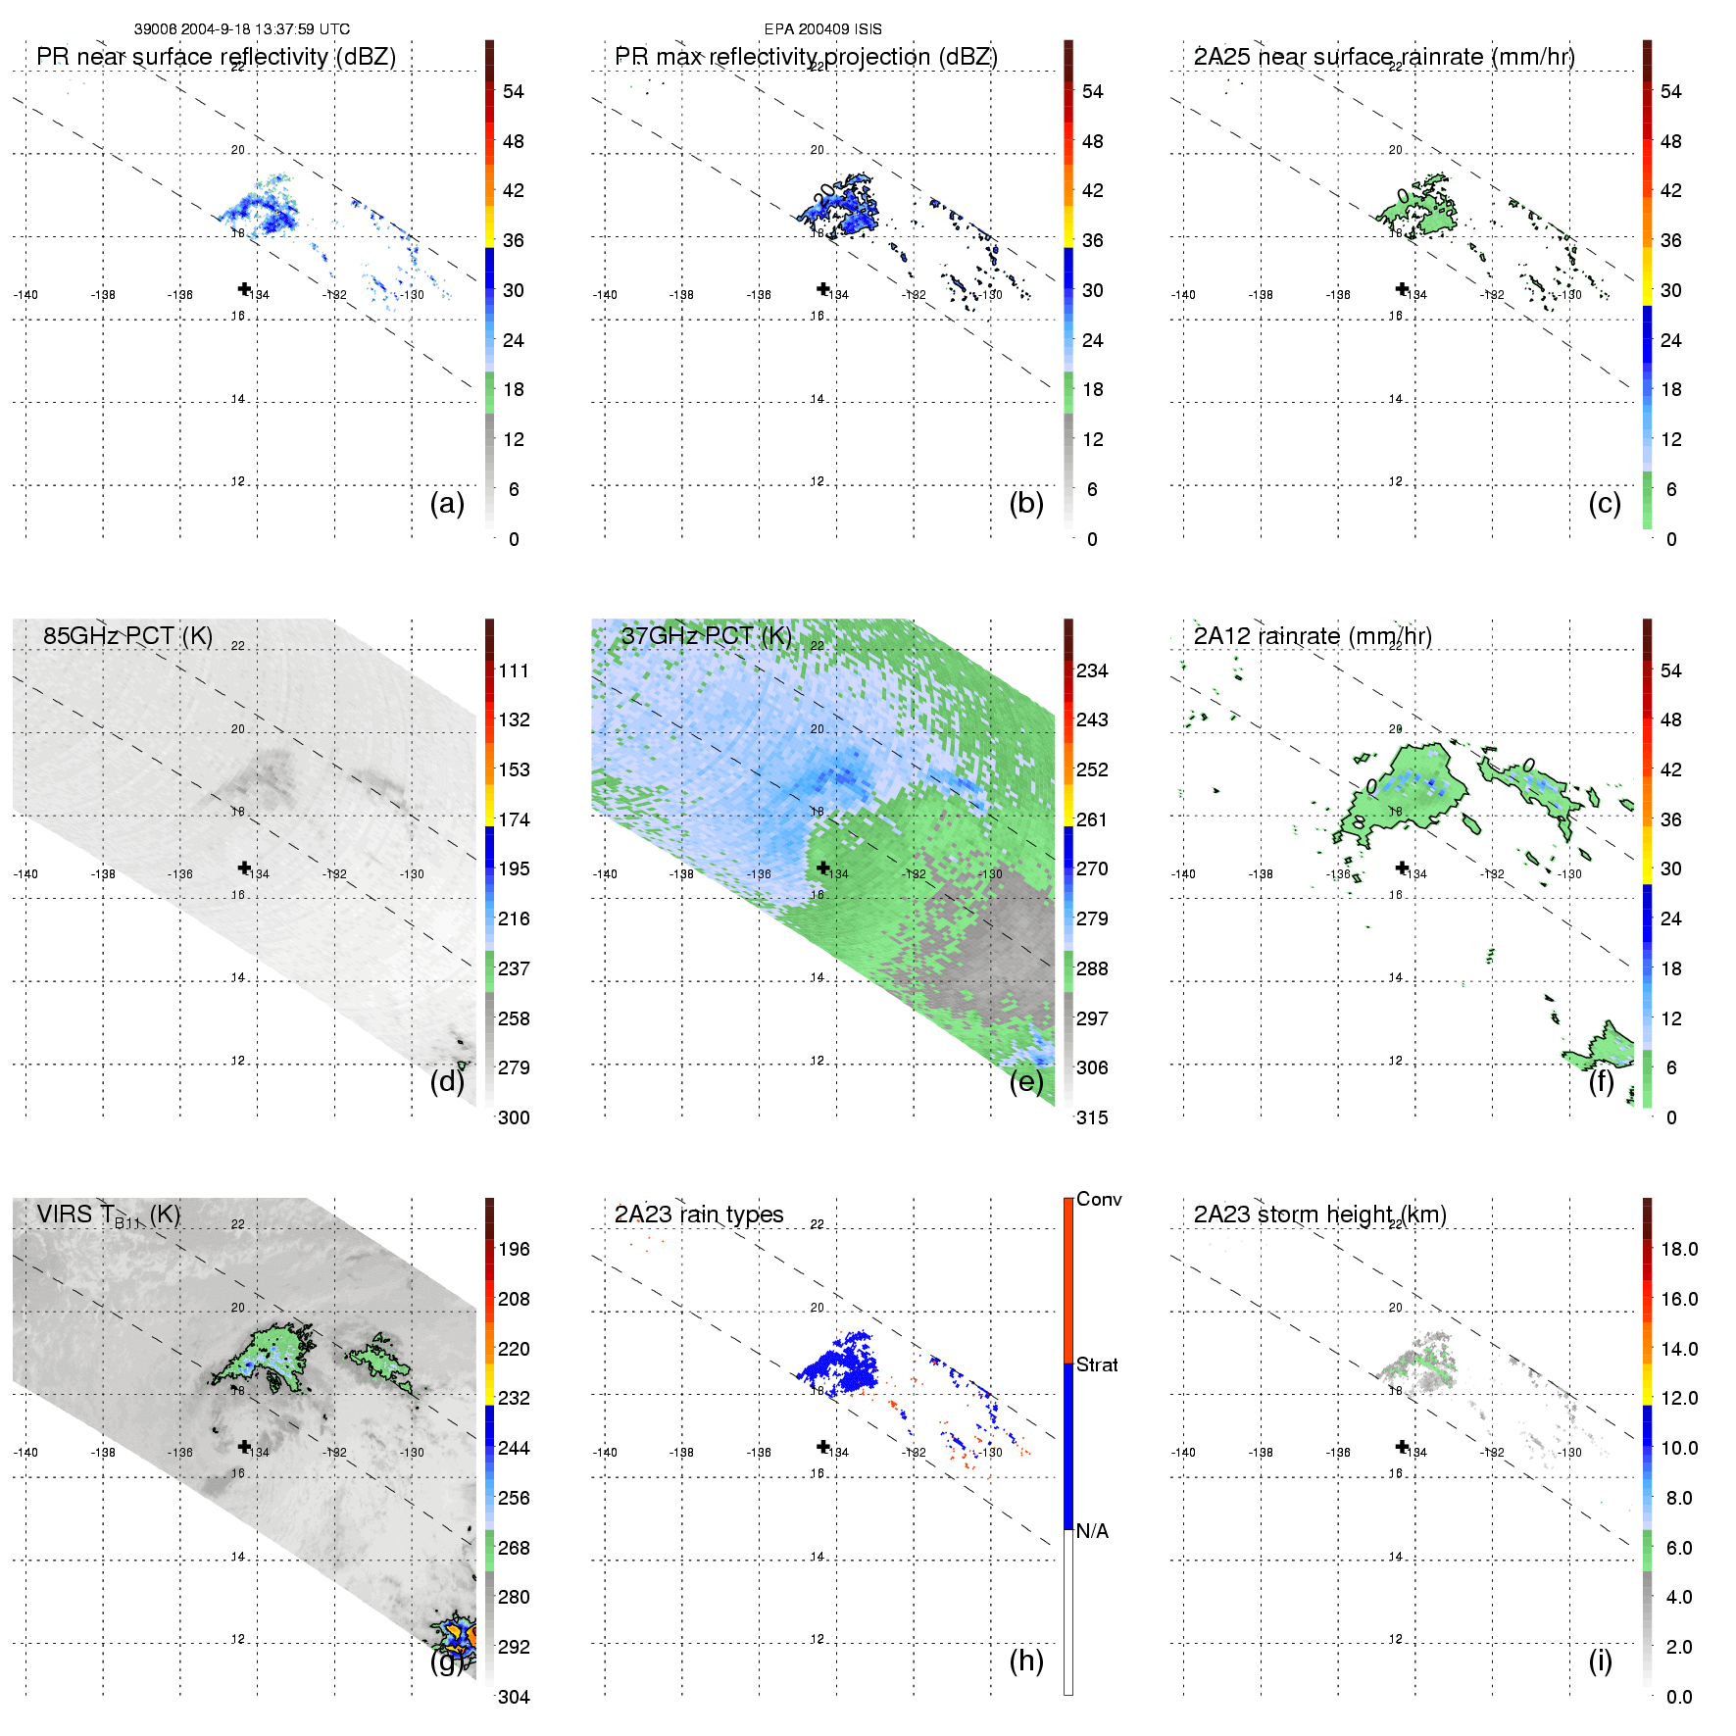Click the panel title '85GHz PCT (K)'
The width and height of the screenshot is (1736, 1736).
point(127,636)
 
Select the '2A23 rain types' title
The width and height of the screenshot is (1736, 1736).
point(699,1215)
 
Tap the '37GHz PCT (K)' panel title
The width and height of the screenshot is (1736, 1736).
point(706,636)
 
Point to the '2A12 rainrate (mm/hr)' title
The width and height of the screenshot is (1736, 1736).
point(1313,636)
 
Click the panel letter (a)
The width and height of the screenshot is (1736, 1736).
point(447,504)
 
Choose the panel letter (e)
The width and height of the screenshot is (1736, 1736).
point(1026,1082)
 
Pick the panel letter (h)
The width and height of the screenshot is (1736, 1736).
point(1026,1661)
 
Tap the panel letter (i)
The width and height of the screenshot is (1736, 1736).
point(1600,1661)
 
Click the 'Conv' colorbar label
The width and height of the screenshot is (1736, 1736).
point(1099,1199)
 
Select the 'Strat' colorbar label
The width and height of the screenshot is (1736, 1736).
point(1097,1364)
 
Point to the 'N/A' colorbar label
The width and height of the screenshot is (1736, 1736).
point(1092,1531)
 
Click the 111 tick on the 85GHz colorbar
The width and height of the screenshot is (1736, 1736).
point(514,670)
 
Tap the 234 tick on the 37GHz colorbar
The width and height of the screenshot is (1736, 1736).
point(1092,670)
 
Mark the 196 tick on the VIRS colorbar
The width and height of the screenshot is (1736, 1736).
point(514,1249)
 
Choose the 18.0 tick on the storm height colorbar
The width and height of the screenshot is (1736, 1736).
point(1679,1249)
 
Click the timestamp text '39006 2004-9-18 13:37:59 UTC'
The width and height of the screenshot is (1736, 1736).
point(242,29)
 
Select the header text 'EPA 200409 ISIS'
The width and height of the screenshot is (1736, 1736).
point(823,29)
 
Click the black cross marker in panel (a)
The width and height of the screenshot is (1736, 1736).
point(244,288)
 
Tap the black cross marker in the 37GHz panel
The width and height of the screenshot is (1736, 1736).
point(823,868)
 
